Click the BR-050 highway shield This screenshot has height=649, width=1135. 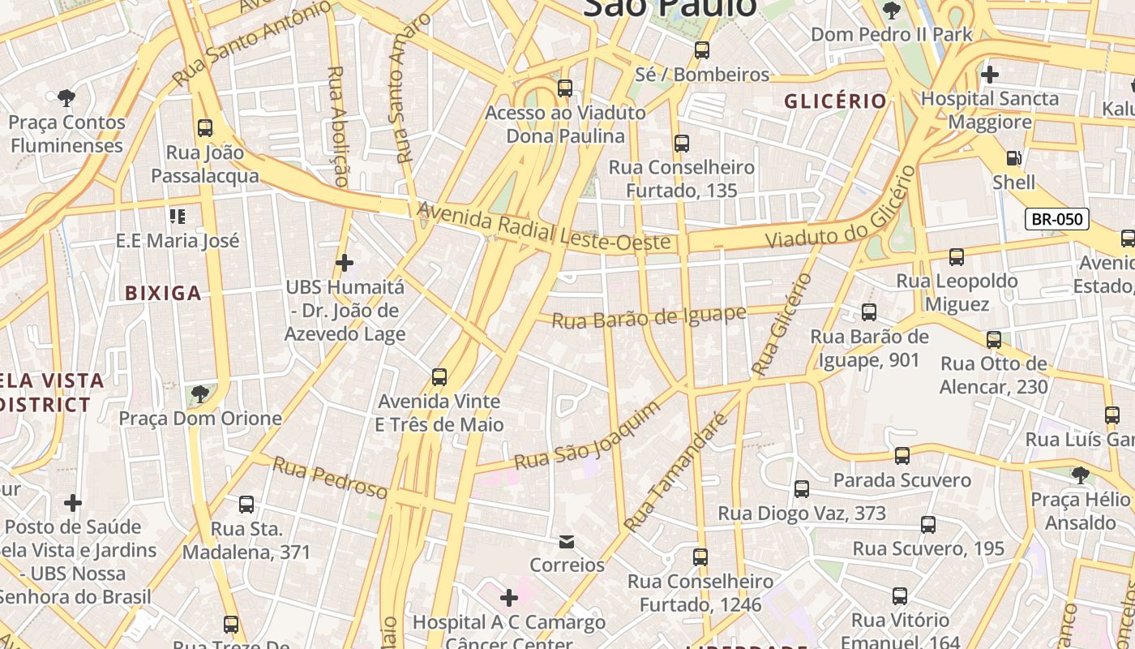[1056, 218]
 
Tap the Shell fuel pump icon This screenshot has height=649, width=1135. [1013, 158]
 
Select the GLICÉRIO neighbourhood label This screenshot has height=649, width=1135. [835, 101]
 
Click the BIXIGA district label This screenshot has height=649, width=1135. [163, 293]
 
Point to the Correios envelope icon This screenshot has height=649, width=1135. [567, 541]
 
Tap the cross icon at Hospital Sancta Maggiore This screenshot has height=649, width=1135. [989, 75]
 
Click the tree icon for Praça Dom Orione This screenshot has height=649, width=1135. [199, 395]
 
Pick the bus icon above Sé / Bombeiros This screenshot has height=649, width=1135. [702, 50]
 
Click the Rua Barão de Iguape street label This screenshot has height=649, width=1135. [649, 317]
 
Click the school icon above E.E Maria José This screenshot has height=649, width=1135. [177, 217]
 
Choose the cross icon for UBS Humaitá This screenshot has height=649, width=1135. [345, 263]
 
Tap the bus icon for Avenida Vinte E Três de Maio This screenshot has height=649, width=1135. [439, 377]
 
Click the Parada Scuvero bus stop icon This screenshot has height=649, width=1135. [902, 456]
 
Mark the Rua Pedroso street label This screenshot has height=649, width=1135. [330, 478]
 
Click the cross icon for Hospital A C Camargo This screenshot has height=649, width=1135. [508, 599]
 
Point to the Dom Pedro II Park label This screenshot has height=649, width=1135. [891, 34]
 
